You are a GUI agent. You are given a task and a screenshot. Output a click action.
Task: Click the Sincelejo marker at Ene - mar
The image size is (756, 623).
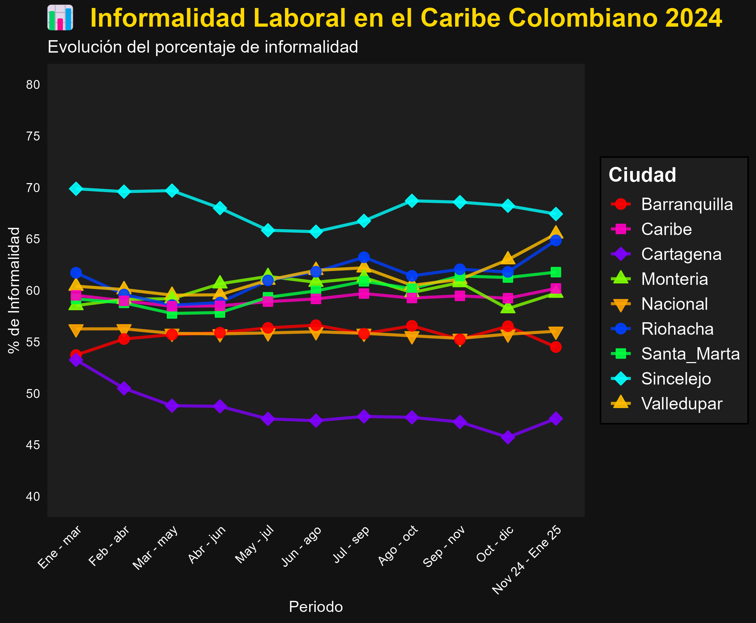point(76,189)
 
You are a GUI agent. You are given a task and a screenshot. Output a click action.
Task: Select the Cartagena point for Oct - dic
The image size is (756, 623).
point(507,437)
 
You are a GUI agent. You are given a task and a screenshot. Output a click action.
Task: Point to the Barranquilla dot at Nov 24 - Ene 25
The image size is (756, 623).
point(555,347)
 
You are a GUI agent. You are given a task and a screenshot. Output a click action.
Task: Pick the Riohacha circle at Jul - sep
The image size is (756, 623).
point(364,257)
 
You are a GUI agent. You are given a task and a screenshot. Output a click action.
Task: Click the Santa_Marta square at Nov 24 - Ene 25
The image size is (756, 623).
point(555,272)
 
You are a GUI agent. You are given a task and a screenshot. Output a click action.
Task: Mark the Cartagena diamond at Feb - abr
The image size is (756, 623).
point(124,388)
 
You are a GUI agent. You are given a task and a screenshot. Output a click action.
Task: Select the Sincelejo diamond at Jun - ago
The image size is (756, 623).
point(316,232)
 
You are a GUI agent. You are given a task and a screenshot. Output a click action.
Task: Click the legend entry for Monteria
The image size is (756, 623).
point(674,279)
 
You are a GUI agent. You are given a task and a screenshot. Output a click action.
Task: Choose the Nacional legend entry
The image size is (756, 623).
point(674,304)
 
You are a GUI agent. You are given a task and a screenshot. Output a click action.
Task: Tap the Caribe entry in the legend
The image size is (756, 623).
point(666,229)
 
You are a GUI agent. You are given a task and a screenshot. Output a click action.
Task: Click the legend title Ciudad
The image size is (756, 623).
point(642,175)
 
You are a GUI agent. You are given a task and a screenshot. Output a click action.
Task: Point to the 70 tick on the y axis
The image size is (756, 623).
point(33,188)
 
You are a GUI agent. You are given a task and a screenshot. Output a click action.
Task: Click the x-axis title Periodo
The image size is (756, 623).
point(316,607)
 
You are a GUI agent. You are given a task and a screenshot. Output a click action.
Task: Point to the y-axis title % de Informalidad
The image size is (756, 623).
point(14,290)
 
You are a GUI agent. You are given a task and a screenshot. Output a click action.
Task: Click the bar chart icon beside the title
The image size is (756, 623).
point(60,18)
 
